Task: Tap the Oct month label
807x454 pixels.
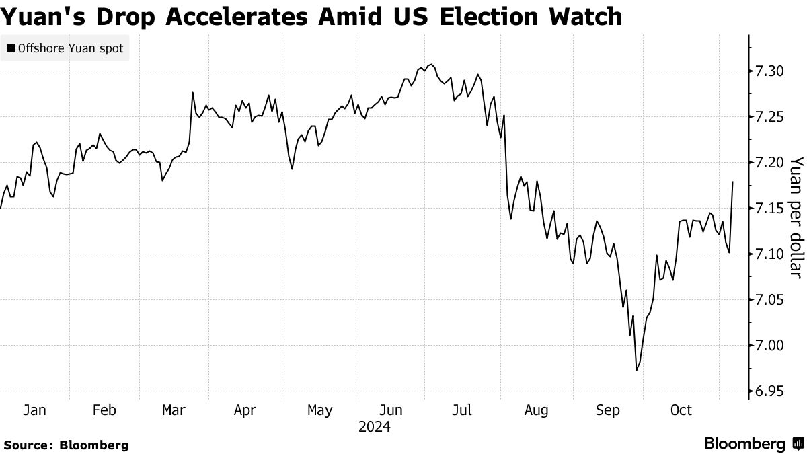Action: coord(681,410)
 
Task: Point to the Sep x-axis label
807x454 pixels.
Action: coord(609,410)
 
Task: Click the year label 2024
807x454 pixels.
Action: coord(375,427)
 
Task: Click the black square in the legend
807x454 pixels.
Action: coord(11,48)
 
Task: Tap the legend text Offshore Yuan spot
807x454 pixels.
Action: coord(70,48)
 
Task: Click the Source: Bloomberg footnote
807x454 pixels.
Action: coord(66,445)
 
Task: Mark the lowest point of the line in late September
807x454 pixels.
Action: coord(636,370)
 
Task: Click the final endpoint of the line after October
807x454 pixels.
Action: coord(732,182)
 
